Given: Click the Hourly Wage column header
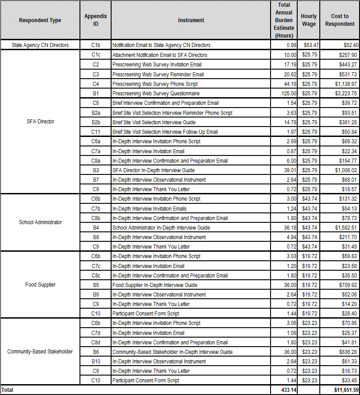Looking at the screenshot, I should point(309,20).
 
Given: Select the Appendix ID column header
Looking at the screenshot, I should point(96,20).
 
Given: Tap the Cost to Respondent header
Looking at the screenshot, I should point(340,20).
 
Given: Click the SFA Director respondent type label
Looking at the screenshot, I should point(40,122).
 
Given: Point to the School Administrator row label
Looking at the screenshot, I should point(40,222).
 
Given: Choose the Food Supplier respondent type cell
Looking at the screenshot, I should point(40,285).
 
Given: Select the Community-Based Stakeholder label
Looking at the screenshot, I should point(40,352).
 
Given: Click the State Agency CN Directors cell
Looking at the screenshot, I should point(40,45).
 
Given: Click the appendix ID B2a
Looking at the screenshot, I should point(96,113).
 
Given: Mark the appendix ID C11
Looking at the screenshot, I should point(96,132).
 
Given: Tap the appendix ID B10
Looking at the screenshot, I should point(96,362).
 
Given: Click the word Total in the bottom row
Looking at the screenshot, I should point(8,390).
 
